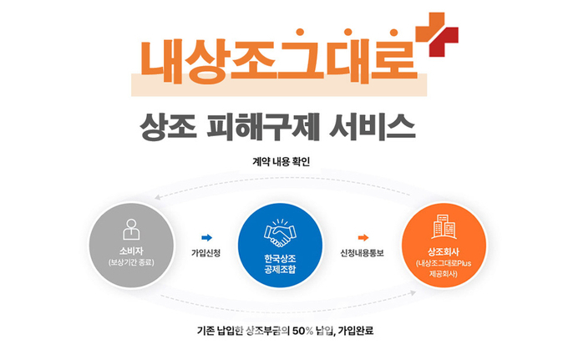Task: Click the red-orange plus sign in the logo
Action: point(437,35)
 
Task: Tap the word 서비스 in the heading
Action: point(373,127)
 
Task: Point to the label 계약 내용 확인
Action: point(281,161)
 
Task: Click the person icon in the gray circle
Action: point(131,229)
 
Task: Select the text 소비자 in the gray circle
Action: point(131,251)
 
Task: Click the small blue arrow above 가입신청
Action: point(207,237)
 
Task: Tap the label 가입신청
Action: point(205,253)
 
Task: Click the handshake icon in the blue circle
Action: point(280,233)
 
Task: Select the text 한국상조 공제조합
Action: point(280,264)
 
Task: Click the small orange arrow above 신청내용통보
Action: point(363,237)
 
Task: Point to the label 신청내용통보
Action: point(362,253)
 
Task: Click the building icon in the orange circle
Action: point(444,227)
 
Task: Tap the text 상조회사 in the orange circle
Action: point(444,251)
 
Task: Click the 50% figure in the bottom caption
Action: point(303,331)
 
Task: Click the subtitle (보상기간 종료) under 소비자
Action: point(131,262)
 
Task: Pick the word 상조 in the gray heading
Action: point(168,127)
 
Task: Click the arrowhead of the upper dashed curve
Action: point(158,197)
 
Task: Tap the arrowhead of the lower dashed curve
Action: point(413,292)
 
